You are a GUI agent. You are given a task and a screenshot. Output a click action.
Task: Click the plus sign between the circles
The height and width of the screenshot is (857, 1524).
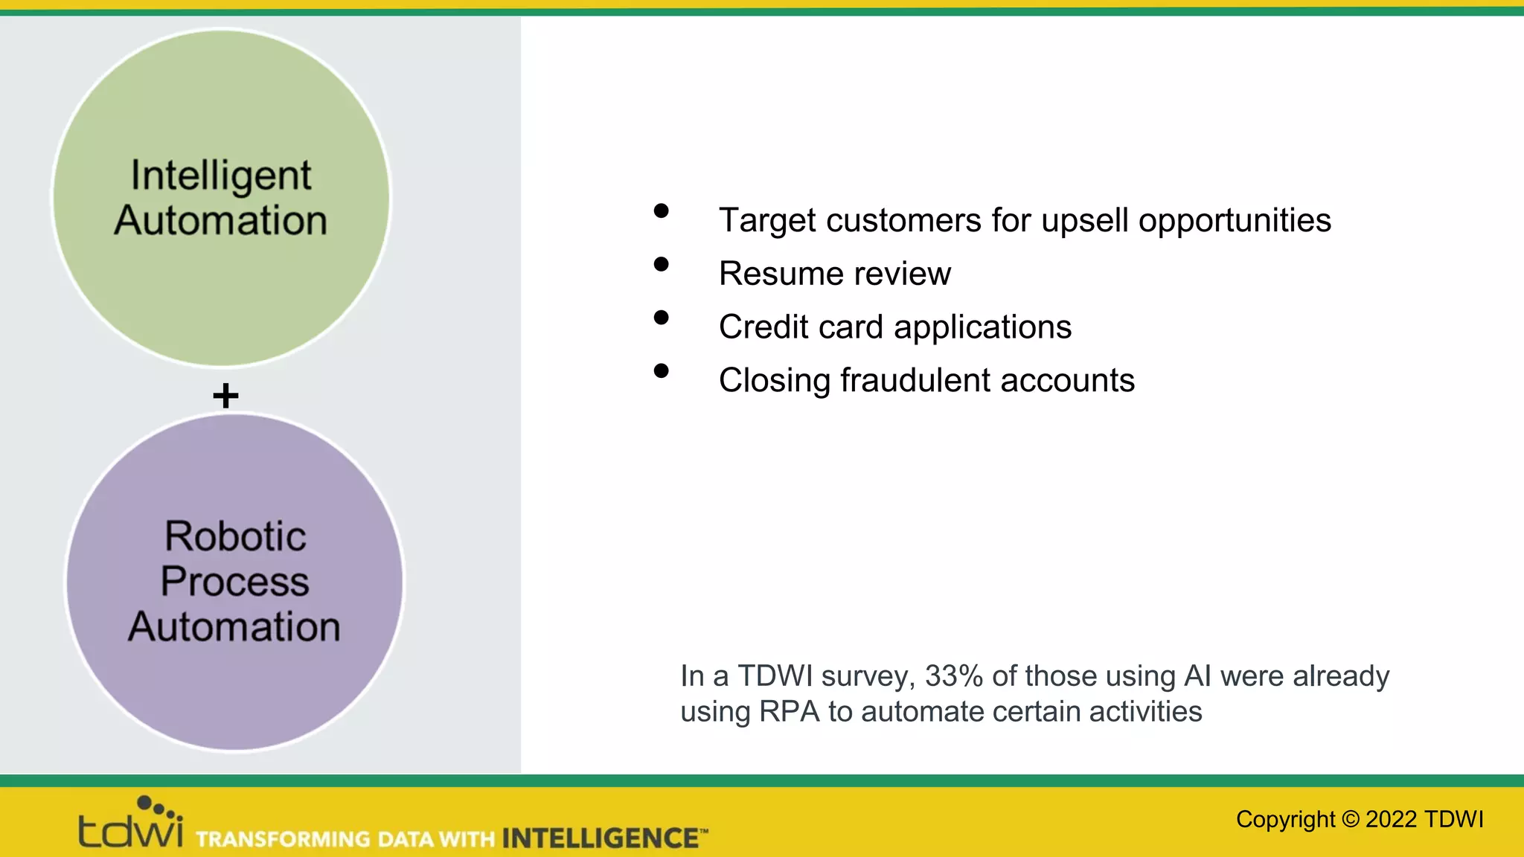(x=225, y=395)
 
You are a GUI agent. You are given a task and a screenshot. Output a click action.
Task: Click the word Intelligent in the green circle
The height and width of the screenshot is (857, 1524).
(x=221, y=176)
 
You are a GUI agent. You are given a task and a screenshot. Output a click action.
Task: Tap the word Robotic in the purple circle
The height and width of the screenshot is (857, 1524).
(x=235, y=536)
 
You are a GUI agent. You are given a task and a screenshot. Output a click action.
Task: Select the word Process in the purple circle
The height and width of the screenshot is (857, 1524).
(x=234, y=581)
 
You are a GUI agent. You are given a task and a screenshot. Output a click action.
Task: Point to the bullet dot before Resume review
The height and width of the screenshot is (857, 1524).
(x=661, y=264)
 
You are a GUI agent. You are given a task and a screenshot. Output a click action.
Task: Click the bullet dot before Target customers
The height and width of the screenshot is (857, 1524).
(x=661, y=211)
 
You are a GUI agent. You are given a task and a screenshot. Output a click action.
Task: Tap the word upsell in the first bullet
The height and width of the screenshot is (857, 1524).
(x=1084, y=221)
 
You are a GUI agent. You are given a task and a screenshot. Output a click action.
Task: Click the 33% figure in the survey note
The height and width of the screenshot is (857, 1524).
(x=954, y=676)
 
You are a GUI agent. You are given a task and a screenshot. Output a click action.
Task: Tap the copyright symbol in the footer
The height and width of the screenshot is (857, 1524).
(x=1350, y=819)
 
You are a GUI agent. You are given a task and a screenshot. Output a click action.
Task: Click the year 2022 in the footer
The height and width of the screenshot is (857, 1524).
(x=1391, y=819)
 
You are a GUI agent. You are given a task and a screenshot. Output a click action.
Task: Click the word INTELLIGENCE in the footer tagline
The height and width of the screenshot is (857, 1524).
(x=600, y=838)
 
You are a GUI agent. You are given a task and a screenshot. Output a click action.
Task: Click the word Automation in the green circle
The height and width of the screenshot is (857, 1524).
(x=221, y=221)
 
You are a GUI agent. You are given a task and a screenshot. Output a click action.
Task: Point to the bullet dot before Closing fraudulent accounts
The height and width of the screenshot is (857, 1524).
(x=661, y=370)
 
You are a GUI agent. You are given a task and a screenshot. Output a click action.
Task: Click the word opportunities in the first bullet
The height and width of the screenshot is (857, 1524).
(x=1235, y=221)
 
